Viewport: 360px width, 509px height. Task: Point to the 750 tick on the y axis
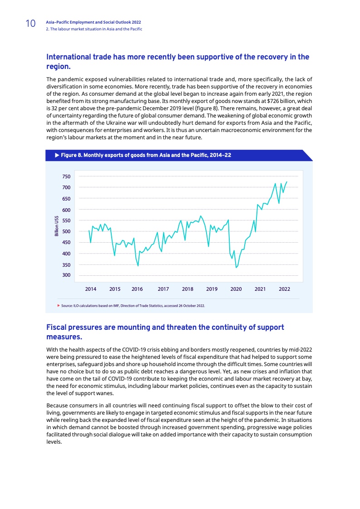pyautogui.click(x=66, y=176)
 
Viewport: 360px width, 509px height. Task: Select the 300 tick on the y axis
pyautogui.click(x=66, y=275)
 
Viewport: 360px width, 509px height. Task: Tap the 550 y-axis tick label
pyautogui.click(x=66, y=220)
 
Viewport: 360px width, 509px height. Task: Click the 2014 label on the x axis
pyautogui.click(x=91, y=289)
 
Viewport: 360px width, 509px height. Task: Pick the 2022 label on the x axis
pyautogui.click(x=284, y=289)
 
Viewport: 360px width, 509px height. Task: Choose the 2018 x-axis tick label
pyautogui.click(x=187, y=289)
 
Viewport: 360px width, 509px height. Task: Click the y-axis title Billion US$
pyautogui.click(x=56, y=226)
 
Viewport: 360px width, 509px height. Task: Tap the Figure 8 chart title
pyautogui.click(x=146, y=156)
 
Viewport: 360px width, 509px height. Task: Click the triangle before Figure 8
pyautogui.click(x=57, y=156)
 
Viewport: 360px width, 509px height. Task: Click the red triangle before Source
pyautogui.click(x=59, y=306)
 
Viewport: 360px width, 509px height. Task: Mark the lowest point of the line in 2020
pyautogui.click(x=236, y=268)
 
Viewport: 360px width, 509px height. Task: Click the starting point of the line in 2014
pyautogui.click(x=89, y=231)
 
